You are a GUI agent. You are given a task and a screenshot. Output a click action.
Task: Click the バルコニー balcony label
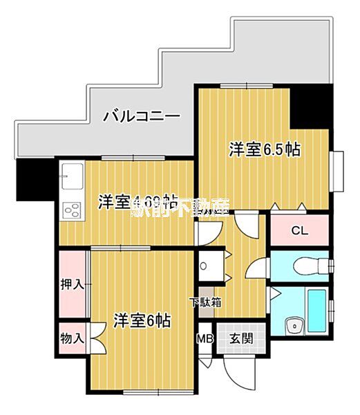pos(142,116)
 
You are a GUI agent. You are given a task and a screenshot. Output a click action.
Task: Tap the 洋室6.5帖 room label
pos(265,149)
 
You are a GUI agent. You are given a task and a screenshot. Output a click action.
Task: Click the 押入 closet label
pos(72,284)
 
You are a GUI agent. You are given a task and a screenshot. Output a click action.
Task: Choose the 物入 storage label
pos(72,338)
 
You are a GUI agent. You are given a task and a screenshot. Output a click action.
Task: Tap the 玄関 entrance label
pos(241,339)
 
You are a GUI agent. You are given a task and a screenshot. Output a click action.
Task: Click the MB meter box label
pos(205,339)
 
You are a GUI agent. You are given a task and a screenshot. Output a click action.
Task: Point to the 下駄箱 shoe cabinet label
pos(206,302)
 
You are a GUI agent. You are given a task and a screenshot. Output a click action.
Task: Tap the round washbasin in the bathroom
pos(294,325)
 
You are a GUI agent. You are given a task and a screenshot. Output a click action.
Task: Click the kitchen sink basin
pos(70,178)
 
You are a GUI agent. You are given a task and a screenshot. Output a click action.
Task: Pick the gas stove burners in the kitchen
pos(71,207)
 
